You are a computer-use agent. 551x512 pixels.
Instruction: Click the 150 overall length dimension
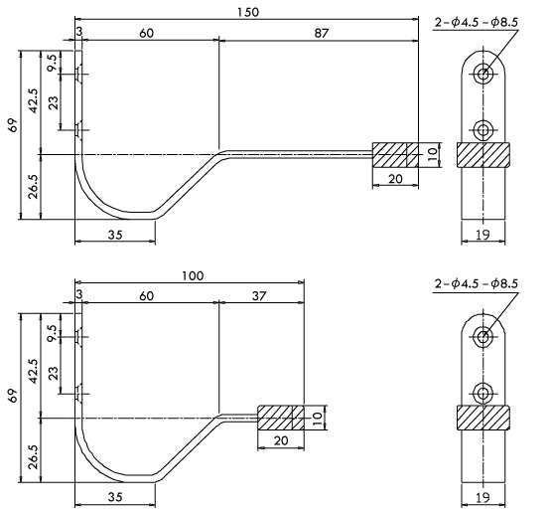[248, 12]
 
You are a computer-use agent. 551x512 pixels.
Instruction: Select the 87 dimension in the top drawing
[322, 33]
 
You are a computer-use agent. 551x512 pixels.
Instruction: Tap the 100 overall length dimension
[193, 275]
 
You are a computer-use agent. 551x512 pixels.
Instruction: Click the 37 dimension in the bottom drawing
[259, 296]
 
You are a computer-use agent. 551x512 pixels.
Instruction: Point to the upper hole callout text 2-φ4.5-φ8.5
[477, 23]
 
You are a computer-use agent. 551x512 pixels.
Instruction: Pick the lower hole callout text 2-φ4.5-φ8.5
[477, 283]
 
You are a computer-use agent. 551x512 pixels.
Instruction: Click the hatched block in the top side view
[395, 155]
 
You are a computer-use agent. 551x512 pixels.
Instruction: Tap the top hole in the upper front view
[483, 74]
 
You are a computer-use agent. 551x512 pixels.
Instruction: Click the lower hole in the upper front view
[483, 130]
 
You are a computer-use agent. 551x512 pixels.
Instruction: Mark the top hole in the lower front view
[483, 337]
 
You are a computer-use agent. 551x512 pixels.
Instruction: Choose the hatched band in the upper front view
[483, 155]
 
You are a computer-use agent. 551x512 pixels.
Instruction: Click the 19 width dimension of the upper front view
[482, 235]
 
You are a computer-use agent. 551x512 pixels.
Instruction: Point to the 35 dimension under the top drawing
[115, 235]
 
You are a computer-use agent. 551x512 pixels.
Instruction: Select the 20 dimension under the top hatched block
[395, 179]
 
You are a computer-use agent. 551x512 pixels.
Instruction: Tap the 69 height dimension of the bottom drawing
[13, 397]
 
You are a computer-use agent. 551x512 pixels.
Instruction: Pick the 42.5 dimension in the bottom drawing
[34, 371]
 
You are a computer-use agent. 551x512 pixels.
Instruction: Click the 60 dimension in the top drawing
[146, 33]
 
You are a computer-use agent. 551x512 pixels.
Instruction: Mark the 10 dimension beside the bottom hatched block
[317, 419]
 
